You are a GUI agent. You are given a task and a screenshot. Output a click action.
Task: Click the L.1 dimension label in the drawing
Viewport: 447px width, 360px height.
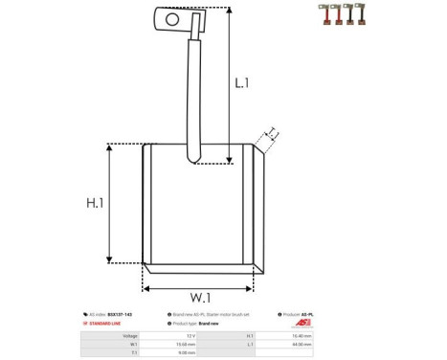[241, 83]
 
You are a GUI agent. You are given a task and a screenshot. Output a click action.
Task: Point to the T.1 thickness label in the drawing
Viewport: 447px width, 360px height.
[271, 133]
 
